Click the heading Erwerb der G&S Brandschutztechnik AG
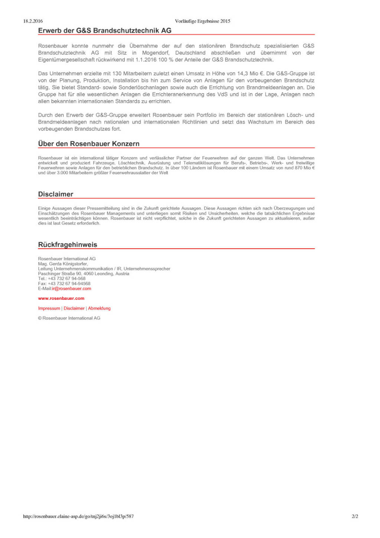[105, 30]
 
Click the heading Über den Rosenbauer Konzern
[89, 144]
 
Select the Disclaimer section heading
[56, 194]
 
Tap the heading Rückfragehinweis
[68, 245]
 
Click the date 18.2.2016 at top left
[33, 21]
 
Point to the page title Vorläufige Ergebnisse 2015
[203, 21]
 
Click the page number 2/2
[355, 516]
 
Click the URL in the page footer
[78, 516]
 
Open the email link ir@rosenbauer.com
[72, 289]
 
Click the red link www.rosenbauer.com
[61, 298]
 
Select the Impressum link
[49, 308]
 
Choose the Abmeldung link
[99, 308]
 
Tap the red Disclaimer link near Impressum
[74, 308]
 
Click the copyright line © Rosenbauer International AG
[69, 318]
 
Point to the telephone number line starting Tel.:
[62, 279]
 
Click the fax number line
[64, 283]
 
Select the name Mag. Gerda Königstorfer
[63, 264]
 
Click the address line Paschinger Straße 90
[83, 274]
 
